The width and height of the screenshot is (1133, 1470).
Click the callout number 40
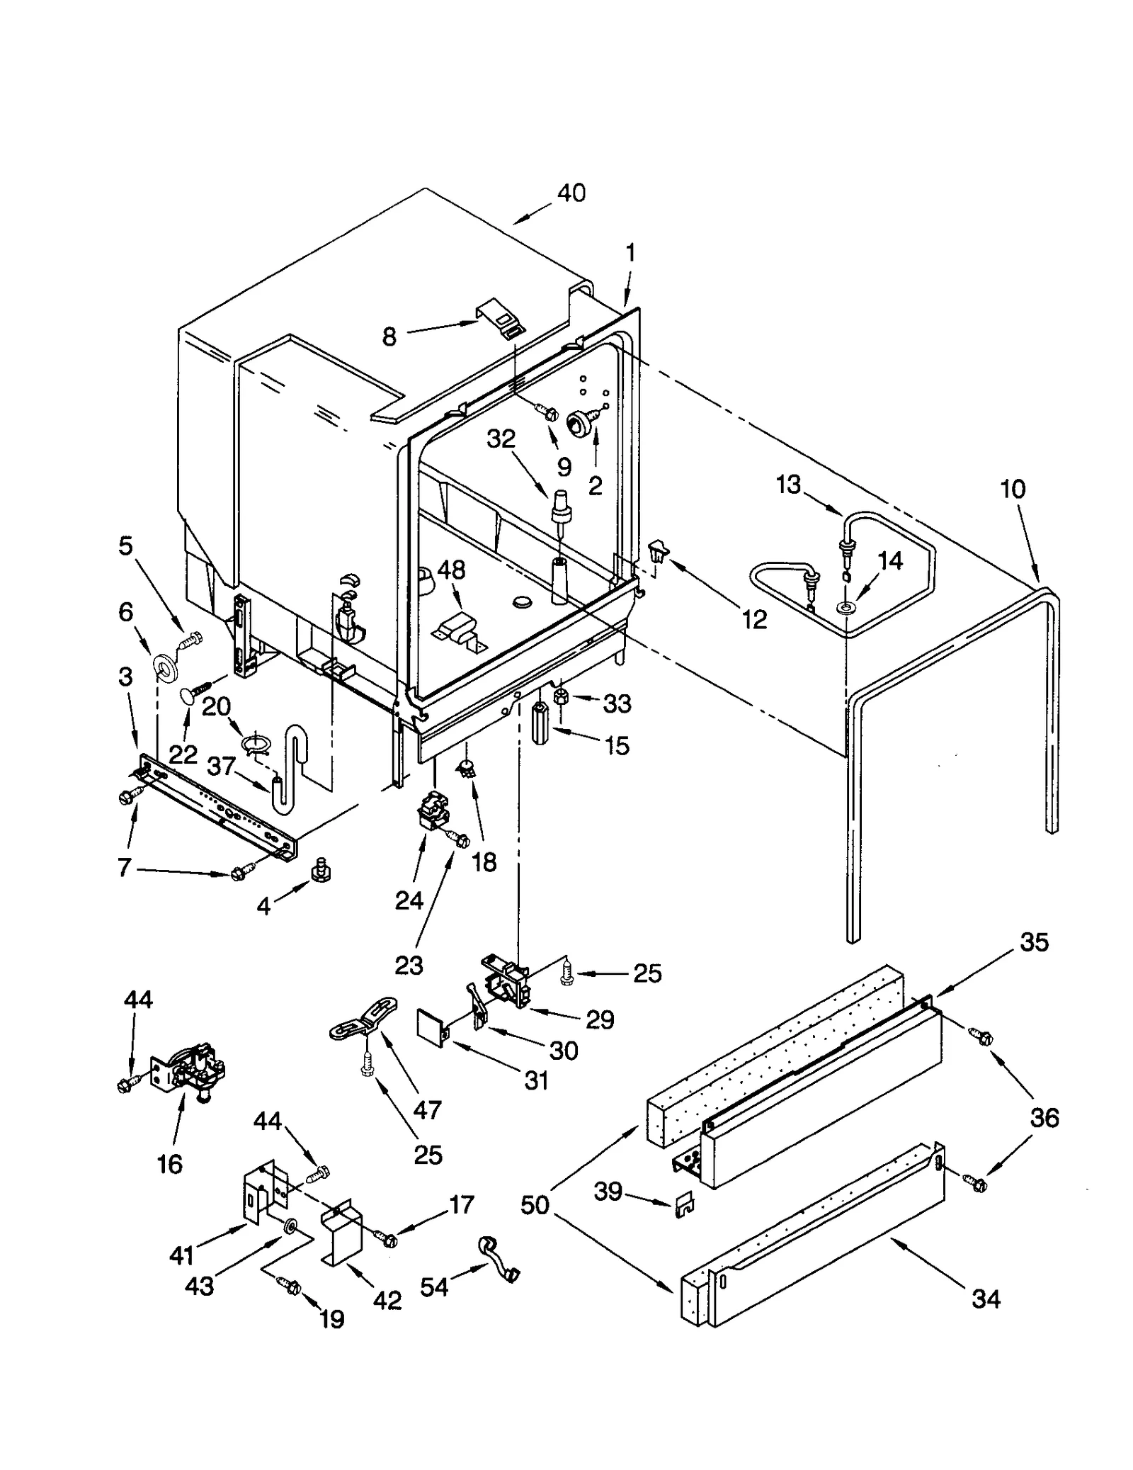tap(571, 193)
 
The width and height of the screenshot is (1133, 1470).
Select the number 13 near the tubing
tap(787, 485)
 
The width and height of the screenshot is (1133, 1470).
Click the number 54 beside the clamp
tap(434, 1286)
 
